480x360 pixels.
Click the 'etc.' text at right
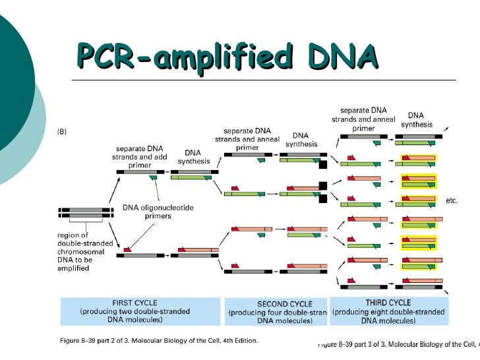(452, 200)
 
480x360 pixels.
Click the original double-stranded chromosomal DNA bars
(85, 212)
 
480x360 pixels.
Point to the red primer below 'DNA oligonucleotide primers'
(129, 249)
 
